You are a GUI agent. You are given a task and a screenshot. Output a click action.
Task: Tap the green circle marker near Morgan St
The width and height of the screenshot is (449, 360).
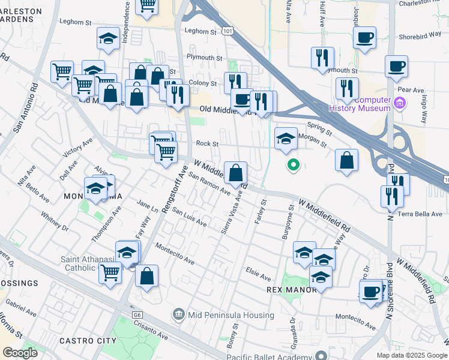pyautogui.click(x=293, y=164)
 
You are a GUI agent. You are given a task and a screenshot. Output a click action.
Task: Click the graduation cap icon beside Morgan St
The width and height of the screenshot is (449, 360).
pyautogui.click(x=286, y=139)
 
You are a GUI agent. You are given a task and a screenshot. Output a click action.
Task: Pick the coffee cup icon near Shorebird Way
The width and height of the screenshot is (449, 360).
pyautogui.click(x=365, y=38)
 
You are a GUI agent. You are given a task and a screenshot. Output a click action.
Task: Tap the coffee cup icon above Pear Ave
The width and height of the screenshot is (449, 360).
pyautogui.click(x=396, y=67)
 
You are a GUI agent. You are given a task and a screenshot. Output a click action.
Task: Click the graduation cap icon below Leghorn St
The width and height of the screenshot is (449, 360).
pyautogui.click(x=109, y=39)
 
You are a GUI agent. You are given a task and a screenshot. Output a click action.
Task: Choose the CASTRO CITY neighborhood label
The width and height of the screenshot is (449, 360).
pyautogui.click(x=88, y=341)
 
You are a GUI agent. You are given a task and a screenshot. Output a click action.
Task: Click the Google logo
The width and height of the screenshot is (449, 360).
pyautogui.click(x=20, y=353)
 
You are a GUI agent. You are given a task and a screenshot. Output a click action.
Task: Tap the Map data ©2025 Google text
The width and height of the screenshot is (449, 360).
pyautogui.click(x=411, y=355)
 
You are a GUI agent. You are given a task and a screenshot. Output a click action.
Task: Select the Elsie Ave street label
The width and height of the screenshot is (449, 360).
pyautogui.click(x=258, y=273)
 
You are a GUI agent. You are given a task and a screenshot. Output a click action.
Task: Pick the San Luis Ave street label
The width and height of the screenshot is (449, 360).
pyautogui.click(x=189, y=218)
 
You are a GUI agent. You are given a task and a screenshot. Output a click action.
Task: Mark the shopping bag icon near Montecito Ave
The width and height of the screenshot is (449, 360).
pyautogui.click(x=146, y=276)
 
